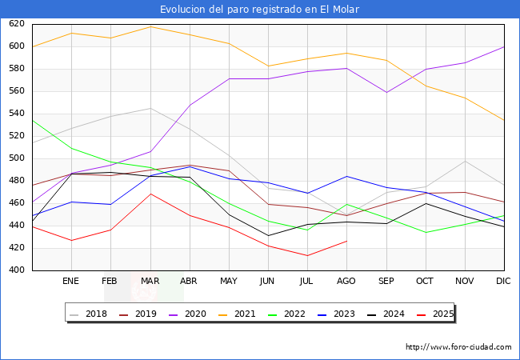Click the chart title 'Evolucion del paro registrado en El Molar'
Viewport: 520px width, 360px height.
259,10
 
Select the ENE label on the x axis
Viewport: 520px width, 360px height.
70,282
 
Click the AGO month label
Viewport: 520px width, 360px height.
346,282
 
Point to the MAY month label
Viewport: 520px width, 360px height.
229,282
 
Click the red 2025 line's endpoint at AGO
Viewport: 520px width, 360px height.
346,241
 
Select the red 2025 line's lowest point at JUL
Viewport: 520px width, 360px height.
307,256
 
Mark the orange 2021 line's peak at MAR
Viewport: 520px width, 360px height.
150,26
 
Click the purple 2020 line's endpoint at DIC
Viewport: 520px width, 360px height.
504,46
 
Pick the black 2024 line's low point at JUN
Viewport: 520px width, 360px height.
268,235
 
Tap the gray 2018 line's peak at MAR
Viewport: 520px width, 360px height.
150,108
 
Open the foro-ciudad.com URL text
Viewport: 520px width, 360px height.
458,347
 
